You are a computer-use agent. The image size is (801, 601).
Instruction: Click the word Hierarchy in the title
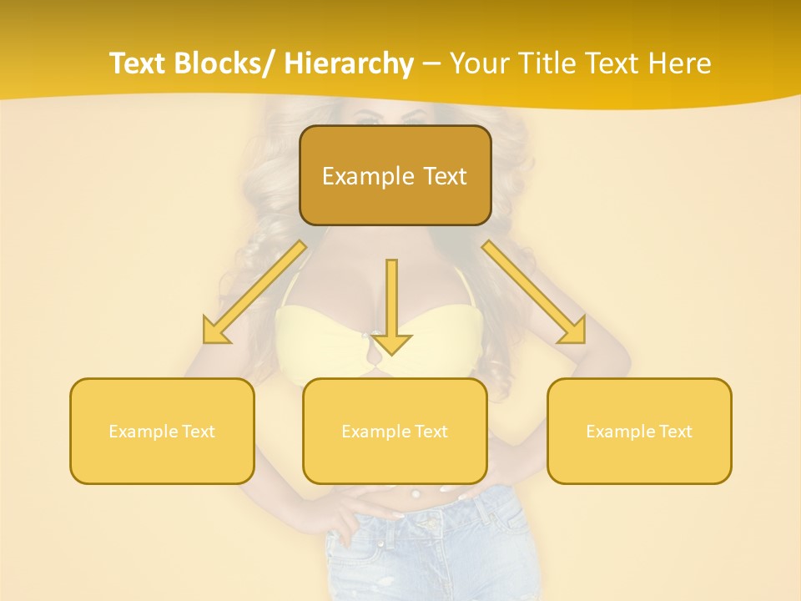349,63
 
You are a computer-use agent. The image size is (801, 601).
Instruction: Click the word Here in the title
680,63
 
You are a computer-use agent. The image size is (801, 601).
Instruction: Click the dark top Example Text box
395,175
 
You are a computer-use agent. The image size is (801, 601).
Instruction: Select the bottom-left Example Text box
162,431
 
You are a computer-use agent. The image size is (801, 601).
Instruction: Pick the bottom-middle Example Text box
395,431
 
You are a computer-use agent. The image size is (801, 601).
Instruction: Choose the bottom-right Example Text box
639,431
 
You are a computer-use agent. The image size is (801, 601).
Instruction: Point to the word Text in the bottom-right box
675,432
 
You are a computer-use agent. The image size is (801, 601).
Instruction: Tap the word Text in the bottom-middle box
431,432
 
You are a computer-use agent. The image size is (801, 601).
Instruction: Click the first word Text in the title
139,63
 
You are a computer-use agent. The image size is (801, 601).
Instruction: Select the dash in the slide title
431,63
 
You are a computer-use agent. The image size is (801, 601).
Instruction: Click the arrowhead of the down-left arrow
215,332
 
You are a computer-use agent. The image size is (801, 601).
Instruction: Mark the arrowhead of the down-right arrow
573,331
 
